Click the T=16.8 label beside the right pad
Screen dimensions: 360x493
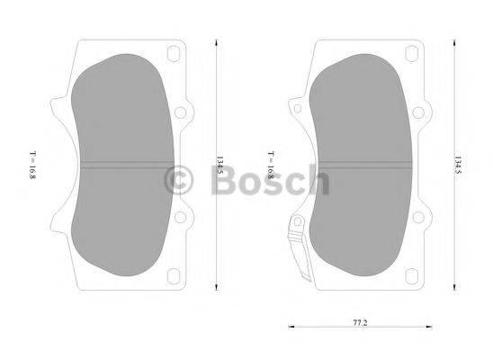coord(271,166)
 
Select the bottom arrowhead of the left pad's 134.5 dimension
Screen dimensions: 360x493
coord(217,288)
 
